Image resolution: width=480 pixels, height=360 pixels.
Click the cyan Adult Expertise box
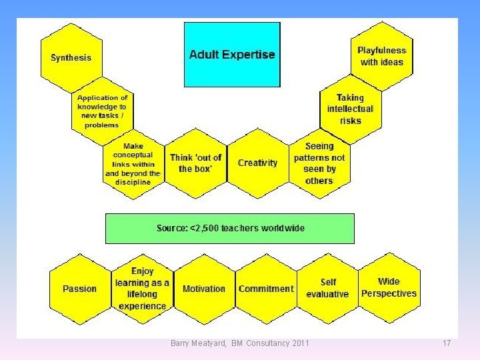point(232,55)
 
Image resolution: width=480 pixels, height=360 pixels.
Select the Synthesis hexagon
point(71,57)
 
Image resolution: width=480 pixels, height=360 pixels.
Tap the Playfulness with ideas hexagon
point(381,56)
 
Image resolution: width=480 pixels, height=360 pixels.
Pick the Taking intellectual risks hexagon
point(350,109)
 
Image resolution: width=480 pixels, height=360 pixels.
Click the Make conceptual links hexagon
point(133,163)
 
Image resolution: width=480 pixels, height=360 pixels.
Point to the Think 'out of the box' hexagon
point(195,163)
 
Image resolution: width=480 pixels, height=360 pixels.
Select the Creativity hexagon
point(257,163)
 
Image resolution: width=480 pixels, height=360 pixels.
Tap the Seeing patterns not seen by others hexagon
point(319,163)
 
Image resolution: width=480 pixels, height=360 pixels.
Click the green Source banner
point(230,228)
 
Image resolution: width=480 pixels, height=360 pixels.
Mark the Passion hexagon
point(79,289)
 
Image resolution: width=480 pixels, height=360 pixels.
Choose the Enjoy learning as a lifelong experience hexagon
point(142,289)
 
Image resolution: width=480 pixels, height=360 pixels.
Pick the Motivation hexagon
point(203,289)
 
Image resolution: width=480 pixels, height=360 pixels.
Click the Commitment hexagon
point(265,289)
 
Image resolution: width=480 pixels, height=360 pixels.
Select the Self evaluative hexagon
point(327,289)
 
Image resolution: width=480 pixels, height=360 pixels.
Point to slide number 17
point(447,343)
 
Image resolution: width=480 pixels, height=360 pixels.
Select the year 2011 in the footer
point(301,343)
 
